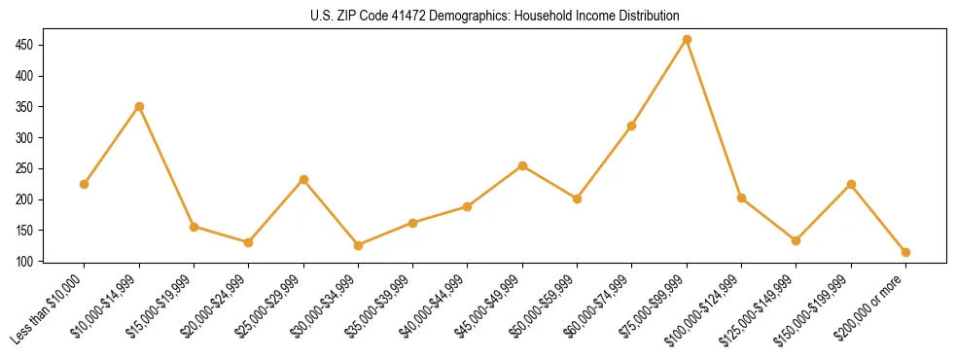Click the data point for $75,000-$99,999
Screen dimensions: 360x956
[x=687, y=40]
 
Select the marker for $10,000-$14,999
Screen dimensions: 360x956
[x=139, y=106]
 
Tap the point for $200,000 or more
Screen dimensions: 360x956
[x=905, y=252]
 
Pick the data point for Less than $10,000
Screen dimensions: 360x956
[x=85, y=184]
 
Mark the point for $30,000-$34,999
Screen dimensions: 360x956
[x=358, y=245]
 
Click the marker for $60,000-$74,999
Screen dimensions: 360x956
[x=632, y=126]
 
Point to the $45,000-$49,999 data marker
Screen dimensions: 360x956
[x=522, y=165]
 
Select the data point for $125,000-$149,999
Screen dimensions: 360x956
[x=796, y=240]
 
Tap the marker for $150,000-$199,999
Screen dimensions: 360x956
[x=851, y=184]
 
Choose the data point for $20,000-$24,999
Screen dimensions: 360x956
[x=248, y=242]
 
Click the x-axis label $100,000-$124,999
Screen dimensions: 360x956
[x=704, y=307]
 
